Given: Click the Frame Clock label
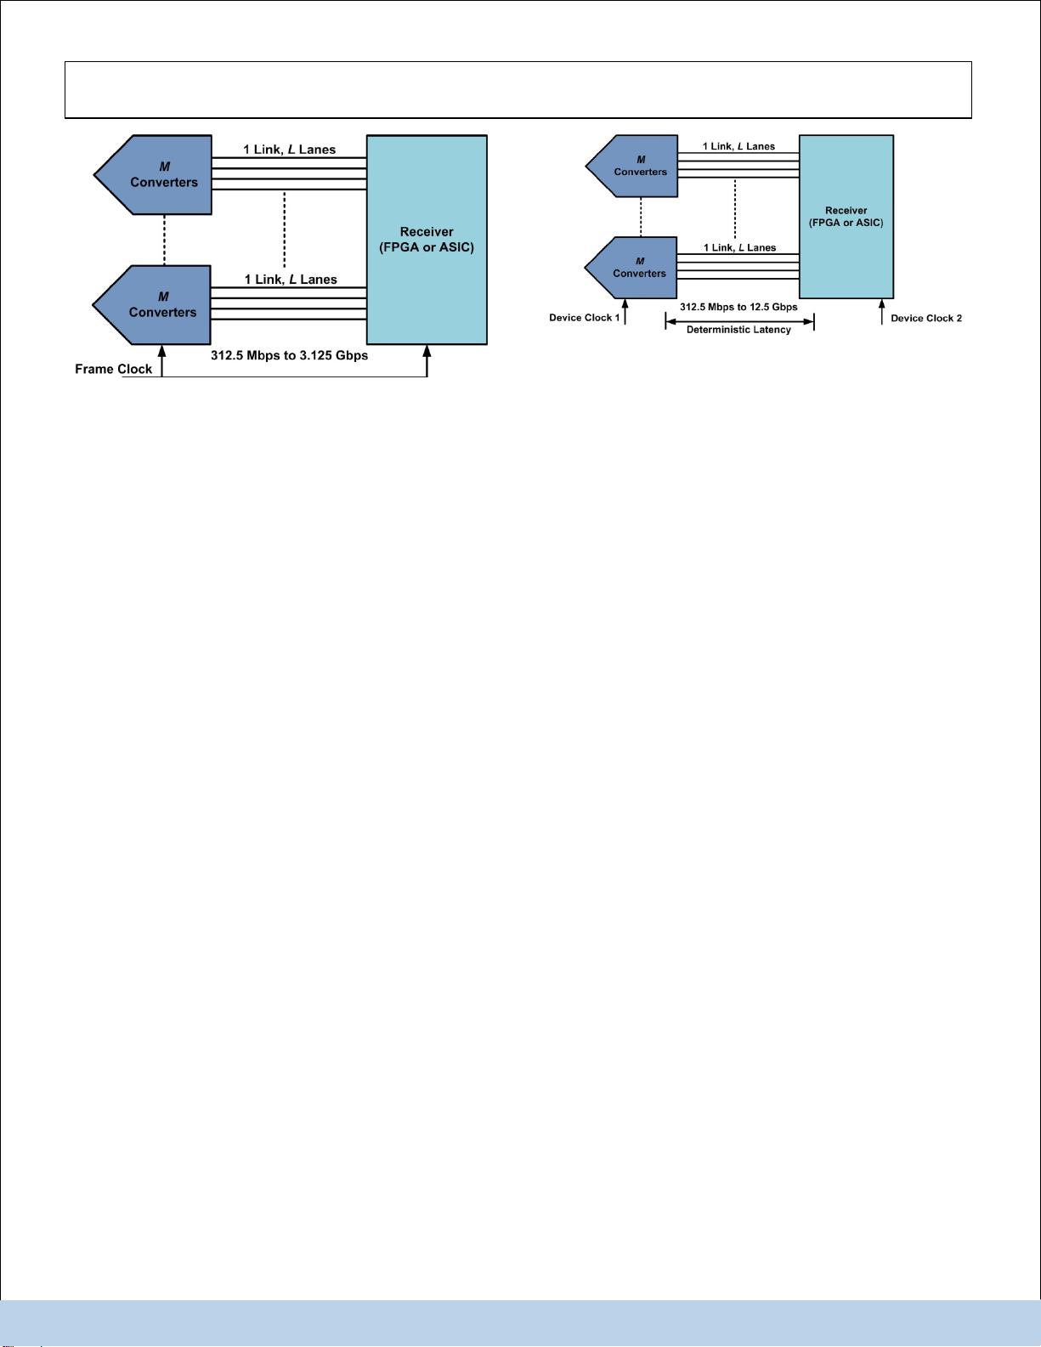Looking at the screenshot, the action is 113,369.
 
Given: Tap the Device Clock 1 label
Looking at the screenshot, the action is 585,317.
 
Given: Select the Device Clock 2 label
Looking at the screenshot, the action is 926,318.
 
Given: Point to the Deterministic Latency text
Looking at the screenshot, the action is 738,330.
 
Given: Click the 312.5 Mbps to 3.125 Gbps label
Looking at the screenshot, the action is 290,355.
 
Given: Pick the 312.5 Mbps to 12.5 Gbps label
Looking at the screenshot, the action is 738,307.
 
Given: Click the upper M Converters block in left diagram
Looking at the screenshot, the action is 153,175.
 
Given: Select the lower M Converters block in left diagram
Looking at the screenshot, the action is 152,305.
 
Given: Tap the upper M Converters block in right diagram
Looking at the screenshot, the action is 631,166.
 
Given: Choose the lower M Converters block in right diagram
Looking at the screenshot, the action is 631,268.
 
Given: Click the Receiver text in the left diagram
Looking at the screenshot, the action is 427,232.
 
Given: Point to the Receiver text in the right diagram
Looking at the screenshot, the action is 846,211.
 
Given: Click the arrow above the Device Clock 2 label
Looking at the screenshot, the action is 882,312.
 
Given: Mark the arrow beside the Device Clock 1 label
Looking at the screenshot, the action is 625,312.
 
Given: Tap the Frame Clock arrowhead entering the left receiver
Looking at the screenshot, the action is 427,351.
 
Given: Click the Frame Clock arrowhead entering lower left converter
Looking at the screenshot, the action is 161,352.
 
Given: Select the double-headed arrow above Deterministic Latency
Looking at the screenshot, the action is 739,322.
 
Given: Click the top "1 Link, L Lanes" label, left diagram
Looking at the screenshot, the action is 290,150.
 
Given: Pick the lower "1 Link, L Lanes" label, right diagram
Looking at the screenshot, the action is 739,248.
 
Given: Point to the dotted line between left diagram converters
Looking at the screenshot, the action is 164,240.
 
